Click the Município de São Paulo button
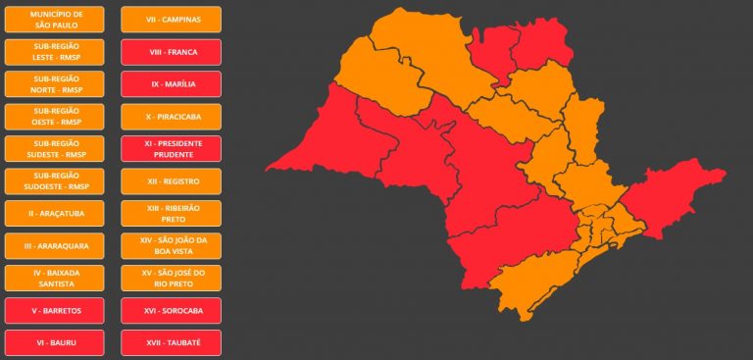click(55, 20)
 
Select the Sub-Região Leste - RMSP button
click(55, 52)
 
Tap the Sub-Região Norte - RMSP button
click(55, 84)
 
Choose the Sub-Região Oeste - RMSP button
click(55, 117)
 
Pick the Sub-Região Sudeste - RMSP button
click(55, 149)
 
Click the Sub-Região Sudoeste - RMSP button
click(55, 181)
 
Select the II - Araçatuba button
click(55, 214)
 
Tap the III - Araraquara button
click(55, 246)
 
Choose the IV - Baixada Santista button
click(55, 279)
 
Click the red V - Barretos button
click(55, 311)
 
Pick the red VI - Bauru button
click(55, 343)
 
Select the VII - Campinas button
click(171, 20)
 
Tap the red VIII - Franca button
click(171, 52)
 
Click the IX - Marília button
click(171, 84)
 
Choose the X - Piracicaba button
click(171, 117)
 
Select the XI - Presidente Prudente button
click(171, 149)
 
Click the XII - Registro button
click(171, 181)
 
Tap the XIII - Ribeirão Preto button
click(171, 214)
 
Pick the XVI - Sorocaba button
click(171, 311)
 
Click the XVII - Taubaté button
click(171, 343)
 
